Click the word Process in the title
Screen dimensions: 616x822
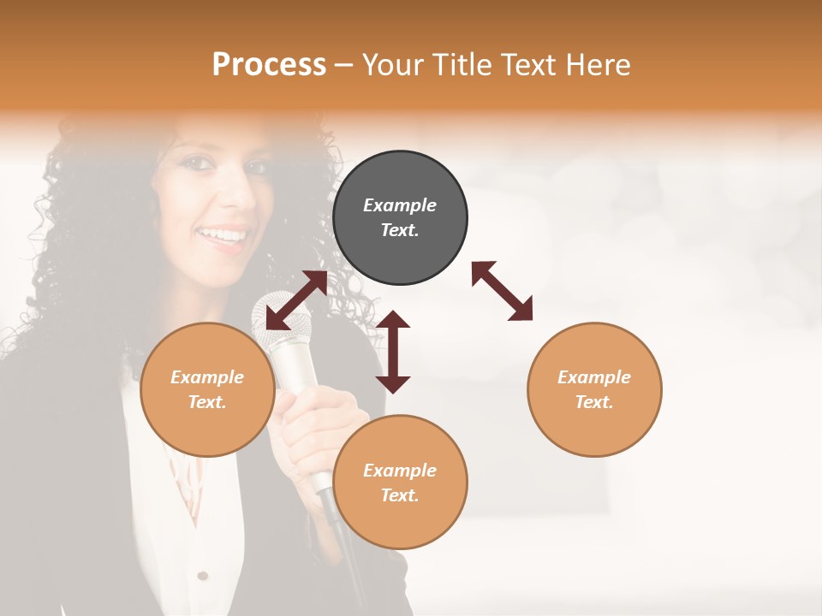point(269,65)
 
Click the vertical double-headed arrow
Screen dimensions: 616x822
point(393,352)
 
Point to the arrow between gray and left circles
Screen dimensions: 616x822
point(296,300)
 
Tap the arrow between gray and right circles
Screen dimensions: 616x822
point(502,291)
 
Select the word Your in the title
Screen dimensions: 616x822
point(394,65)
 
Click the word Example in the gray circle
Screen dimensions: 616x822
point(400,205)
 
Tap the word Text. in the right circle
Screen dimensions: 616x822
point(594,402)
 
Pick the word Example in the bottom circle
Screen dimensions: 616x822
point(400,471)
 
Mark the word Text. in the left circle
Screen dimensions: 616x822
point(207,402)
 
